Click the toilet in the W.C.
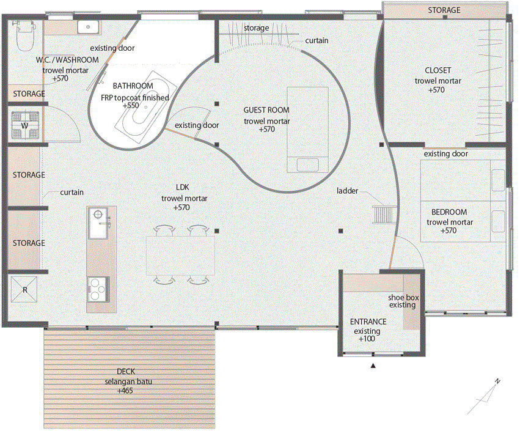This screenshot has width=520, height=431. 25,35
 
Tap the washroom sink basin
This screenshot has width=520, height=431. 88,27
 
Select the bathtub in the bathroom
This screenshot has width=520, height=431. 146,108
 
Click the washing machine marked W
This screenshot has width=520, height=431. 25,125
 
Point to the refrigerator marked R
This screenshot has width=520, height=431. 24,289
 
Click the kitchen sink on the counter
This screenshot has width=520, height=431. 98,223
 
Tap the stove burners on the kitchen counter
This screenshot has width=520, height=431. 98,289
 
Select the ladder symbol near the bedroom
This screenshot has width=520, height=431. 385,215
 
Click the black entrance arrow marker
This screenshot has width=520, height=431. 373,366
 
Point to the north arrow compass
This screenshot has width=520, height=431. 483,397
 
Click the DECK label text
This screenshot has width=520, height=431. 126,372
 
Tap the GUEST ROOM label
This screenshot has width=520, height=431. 266,110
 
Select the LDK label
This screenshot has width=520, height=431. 183,187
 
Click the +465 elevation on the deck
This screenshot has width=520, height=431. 125,391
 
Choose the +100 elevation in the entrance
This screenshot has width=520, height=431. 367,339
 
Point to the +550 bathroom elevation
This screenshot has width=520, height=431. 131,106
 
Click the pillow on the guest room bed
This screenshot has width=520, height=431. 308,165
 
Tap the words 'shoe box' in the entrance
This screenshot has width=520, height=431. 403,298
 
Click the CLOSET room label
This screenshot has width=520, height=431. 438,70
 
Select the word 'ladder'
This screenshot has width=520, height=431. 347,191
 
